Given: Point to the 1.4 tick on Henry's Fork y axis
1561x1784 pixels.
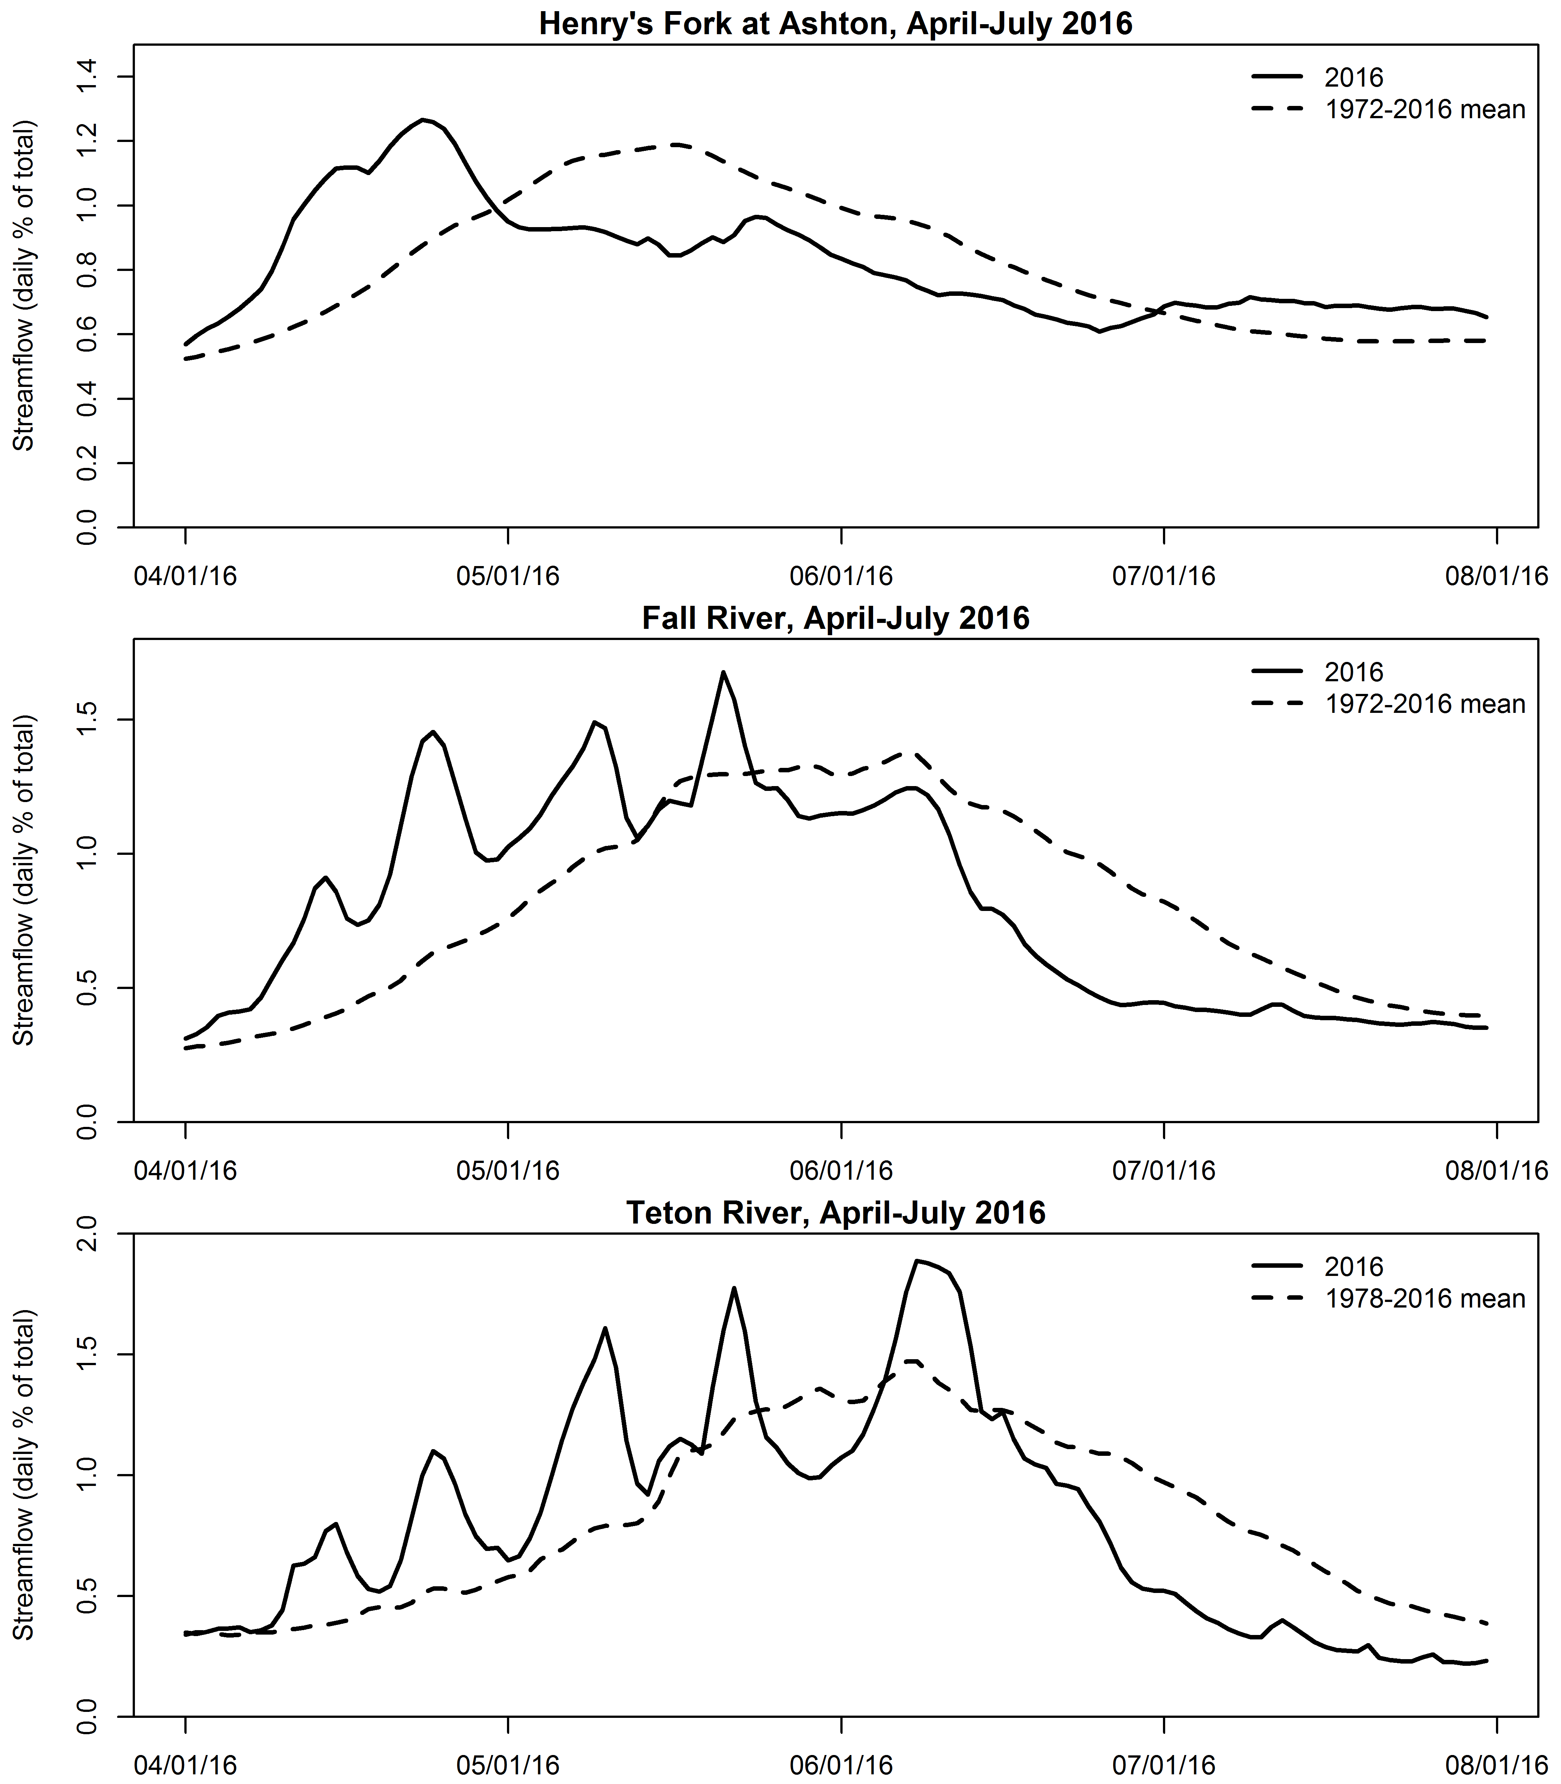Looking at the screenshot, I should point(87,77).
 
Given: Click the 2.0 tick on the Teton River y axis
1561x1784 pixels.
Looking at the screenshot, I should point(87,1234).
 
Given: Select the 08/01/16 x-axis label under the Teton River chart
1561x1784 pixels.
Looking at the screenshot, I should point(1497,1766).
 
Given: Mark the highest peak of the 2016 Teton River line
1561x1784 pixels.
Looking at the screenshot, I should point(917,1260).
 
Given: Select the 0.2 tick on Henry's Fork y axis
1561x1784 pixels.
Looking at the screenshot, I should point(87,463).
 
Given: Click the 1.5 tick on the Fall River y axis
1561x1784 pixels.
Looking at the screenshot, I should point(87,720).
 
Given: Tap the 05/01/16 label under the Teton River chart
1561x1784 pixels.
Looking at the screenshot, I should point(507,1766).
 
